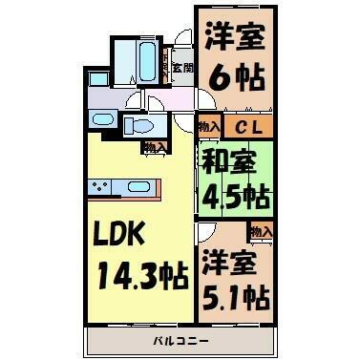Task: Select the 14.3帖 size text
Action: pos(140,278)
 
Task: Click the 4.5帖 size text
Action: pos(235,198)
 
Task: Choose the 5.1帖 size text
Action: pos(235,293)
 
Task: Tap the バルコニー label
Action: pos(179,340)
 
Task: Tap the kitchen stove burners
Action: pos(99,185)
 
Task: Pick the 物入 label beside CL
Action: pos(209,125)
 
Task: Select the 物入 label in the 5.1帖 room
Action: pos(261,231)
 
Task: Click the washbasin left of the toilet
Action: pos(102,119)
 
